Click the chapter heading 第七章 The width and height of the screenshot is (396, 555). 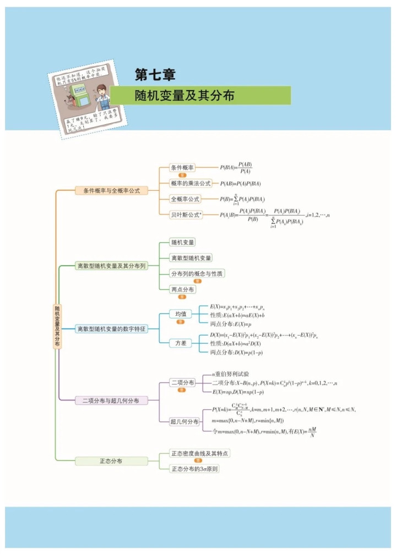pos(155,74)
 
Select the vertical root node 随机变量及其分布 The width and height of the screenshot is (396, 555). pos(57,326)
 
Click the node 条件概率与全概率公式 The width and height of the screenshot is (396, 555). pos(111,190)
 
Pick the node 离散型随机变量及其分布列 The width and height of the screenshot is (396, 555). pos(111,266)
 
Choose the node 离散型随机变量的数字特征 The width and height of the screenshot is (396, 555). pos(111,328)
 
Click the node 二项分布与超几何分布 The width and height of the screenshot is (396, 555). pos(111,400)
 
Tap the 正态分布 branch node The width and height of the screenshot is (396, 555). pos(111,461)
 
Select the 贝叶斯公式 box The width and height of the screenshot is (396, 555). pos(186,215)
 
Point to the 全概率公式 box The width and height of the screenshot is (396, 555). pos(185,199)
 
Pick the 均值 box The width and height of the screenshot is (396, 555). pos(181,314)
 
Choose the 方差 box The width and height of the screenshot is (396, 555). pos(181,343)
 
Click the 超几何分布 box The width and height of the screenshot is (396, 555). pos(185,421)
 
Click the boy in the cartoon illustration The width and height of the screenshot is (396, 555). pos(101,98)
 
